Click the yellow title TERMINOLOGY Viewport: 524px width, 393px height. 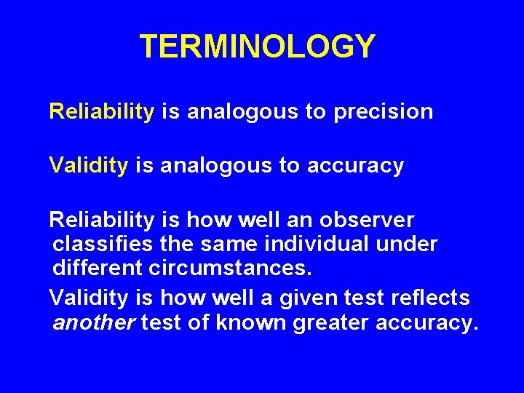point(258,47)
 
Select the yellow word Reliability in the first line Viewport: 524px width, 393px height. point(101,111)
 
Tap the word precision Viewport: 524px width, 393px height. point(384,112)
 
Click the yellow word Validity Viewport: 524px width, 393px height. point(88,166)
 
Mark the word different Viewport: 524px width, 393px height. point(98,268)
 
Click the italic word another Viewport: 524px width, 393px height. point(94,322)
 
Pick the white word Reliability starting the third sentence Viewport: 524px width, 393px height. point(101,220)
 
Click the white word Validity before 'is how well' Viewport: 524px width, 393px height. point(88,298)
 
